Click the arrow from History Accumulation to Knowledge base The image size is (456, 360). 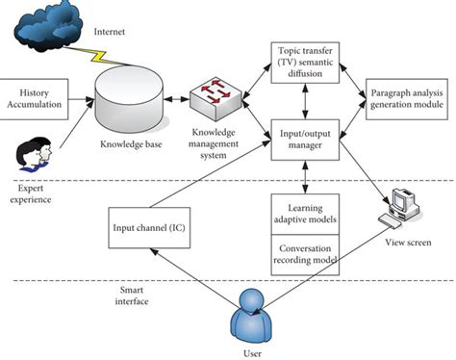[x=83, y=98]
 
